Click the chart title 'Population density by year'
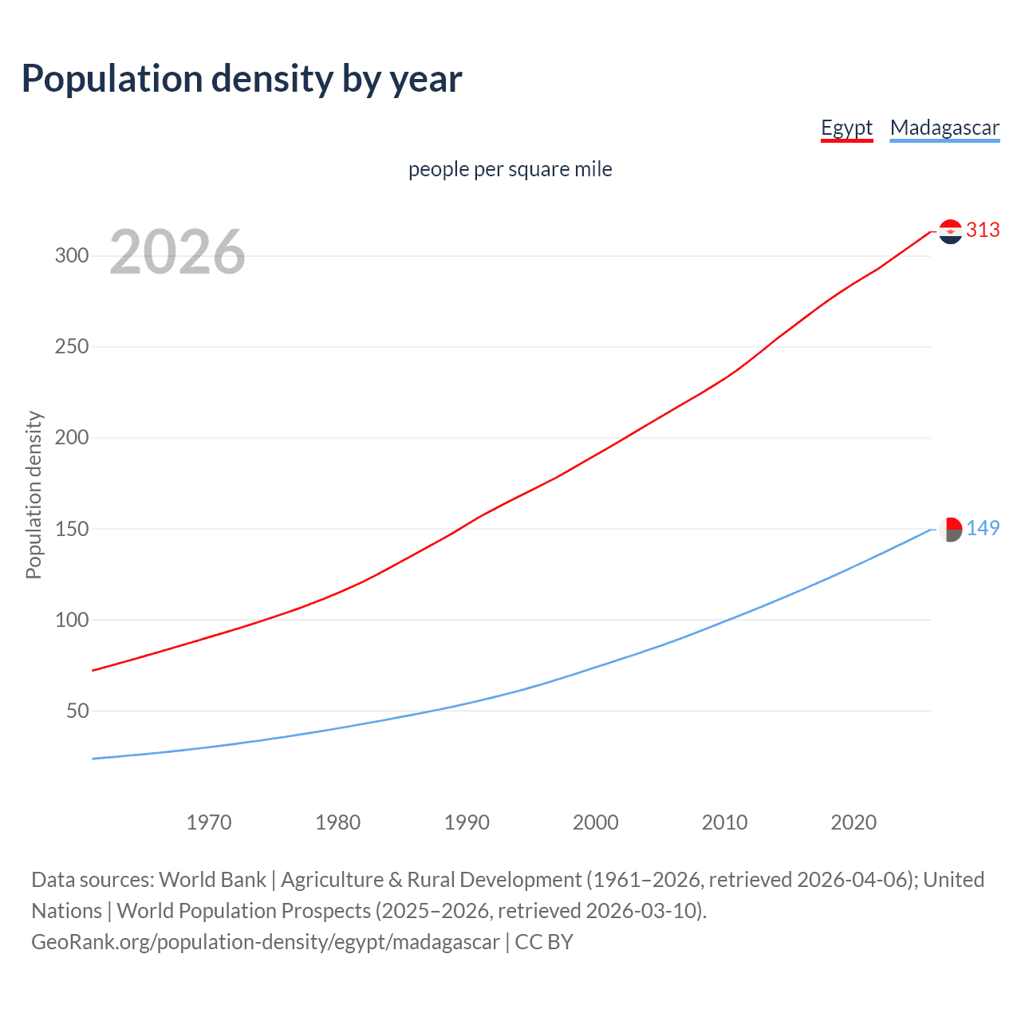(x=242, y=79)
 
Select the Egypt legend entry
(x=846, y=128)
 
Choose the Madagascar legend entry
(x=944, y=128)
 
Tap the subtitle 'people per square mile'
(x=510, y=169)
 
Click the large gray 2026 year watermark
(x=177, y=252)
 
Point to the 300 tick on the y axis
(x=71, y=256)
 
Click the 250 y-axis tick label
(x=71, y=347)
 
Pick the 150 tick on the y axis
(x=71, y=529)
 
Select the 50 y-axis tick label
(x=77, y=711)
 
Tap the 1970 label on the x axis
(x=209, y=822)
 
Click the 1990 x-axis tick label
(x=467, y=822)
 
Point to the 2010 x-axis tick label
(x=724, y=822)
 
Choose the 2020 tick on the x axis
(x=853, y=822)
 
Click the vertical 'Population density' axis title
(x=34, y=495)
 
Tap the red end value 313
(x=983, y=231)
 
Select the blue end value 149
(x=983, y=529)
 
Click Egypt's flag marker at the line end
(x=950, y=231)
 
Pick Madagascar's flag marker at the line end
(x=950, y=529)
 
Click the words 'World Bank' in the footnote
(x=212, y=880)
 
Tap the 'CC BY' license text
(x=544, y=942)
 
